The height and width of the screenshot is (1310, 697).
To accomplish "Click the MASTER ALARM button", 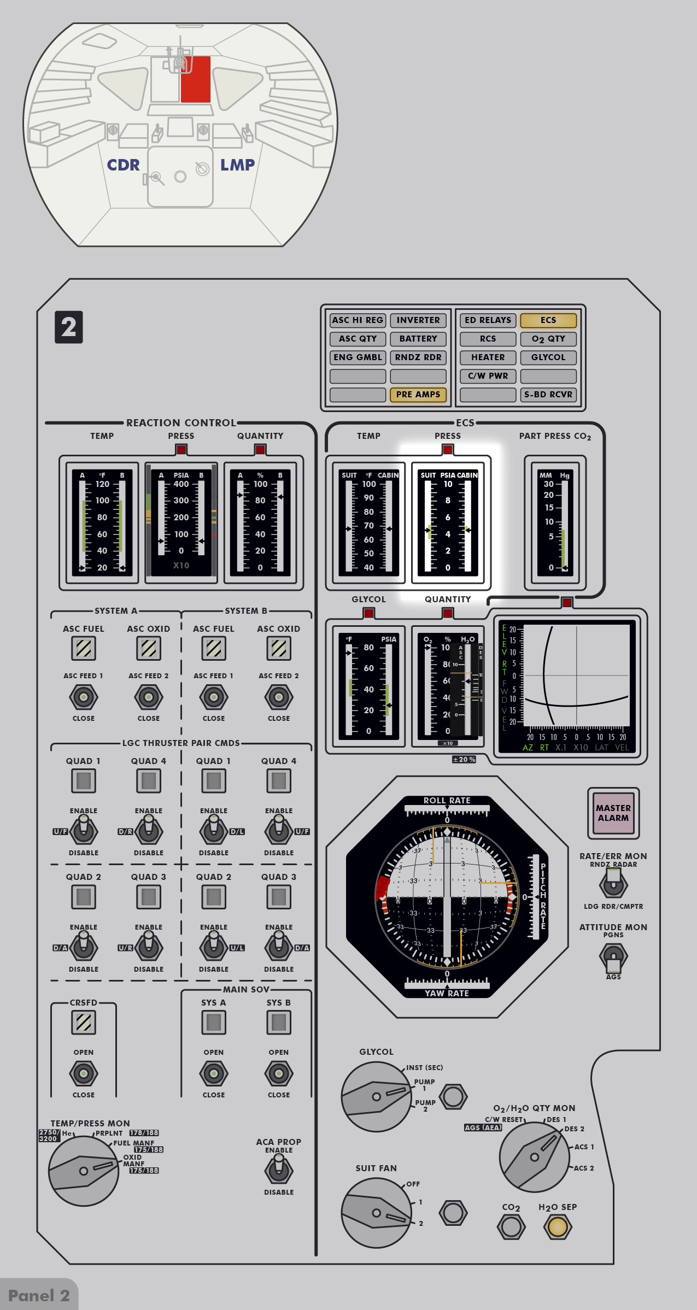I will [613, 813].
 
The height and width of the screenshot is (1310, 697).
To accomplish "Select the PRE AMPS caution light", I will [418, 394].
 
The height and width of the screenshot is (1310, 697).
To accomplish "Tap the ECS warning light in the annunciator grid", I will [548, 320].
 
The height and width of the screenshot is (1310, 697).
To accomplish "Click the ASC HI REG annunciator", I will [358, 320].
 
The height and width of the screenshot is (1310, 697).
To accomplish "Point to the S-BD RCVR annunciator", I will [548, 394].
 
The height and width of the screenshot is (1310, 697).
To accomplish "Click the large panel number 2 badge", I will [69, 327].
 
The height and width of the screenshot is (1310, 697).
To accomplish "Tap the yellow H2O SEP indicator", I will [558, 1226].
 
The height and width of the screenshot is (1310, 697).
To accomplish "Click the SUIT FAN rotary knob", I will [376, 1213].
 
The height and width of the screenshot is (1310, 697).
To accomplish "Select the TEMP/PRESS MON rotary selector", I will [84, 1171].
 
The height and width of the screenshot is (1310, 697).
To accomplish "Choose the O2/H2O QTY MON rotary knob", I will [534, 1156].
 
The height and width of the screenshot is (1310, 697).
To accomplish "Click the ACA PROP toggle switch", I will [279, 1170].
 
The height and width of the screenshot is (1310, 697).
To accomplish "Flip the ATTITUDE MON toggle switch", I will [613, 956].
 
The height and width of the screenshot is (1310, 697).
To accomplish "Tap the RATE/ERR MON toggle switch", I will [613, 882].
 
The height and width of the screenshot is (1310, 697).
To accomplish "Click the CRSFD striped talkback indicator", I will [84, 1022].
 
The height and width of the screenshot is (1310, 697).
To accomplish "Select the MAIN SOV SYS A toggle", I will [214, 1073].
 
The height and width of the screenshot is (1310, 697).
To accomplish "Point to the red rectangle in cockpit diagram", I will [196, 79].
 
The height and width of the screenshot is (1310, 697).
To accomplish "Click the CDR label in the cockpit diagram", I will [123, 165].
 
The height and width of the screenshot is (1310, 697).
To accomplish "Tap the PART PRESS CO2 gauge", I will [555, 522].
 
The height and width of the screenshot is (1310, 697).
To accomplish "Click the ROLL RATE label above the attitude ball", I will [447, 800].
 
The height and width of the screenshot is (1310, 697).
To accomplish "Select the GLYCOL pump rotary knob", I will [376, 1096].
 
